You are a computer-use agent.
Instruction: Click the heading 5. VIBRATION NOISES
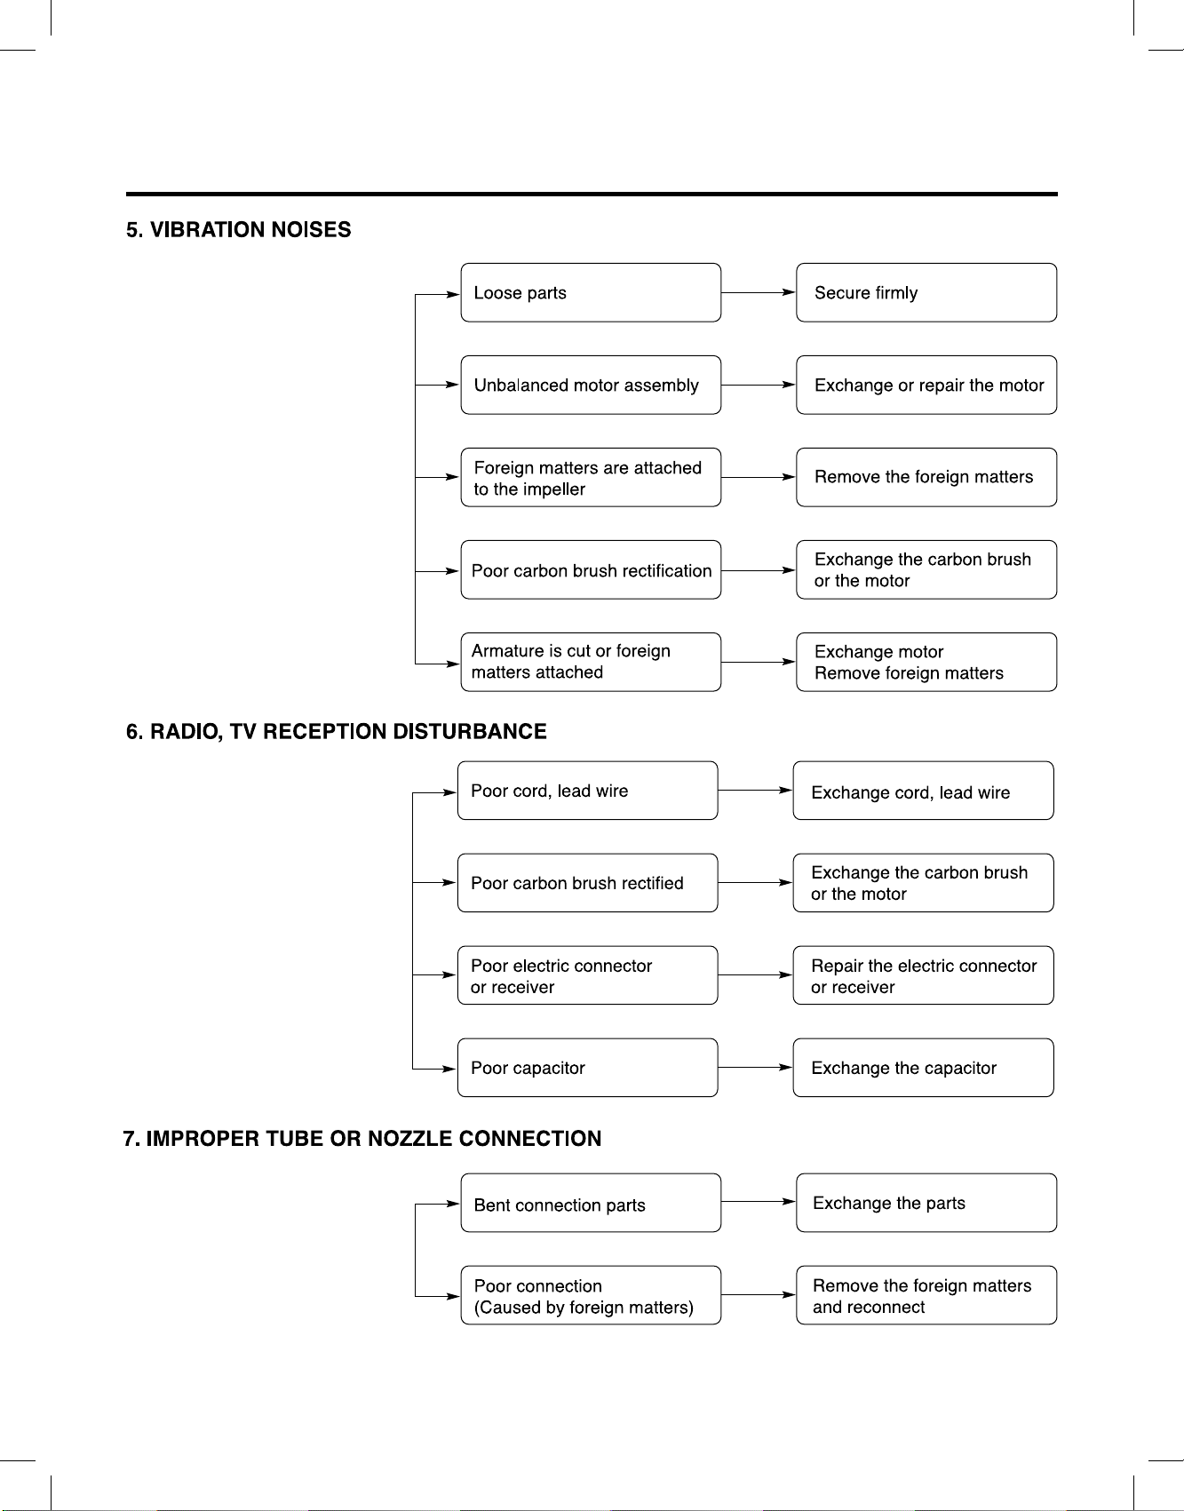(238, 230)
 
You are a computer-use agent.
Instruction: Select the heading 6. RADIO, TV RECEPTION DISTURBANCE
(337, 732)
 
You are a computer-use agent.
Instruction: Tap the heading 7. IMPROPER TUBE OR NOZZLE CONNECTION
(362, 1139)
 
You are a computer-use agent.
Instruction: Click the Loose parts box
(591, 292)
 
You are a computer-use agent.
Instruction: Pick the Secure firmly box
(926, 292)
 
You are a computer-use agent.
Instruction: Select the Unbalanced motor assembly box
(591, 385)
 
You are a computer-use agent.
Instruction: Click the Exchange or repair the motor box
(926, 385)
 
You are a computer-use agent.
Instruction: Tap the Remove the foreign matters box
(926, 477)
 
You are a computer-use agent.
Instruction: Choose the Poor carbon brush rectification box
(591, 569)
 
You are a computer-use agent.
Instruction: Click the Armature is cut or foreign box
(591, 662)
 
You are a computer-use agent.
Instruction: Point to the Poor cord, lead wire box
(587, 791)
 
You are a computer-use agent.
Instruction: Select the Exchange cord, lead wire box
(923, 791)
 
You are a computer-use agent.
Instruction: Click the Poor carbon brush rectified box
(587, 883)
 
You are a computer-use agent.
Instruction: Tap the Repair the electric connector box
(923, 975)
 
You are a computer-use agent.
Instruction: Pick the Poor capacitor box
(587, 1068)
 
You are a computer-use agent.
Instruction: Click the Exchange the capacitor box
(923, 1068)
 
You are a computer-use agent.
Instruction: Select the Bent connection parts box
(591, 1203)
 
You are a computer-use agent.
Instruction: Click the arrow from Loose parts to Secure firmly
(759, 292)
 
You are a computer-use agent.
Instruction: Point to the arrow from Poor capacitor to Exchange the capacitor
(755, 1068)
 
